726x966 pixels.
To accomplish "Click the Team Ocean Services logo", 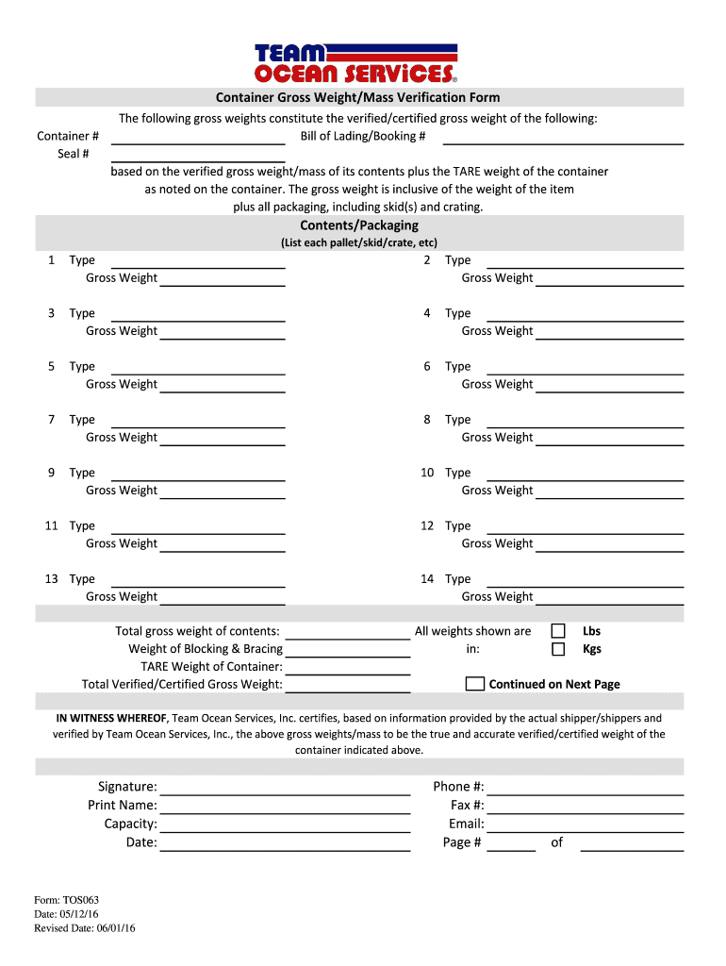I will coord(356,63).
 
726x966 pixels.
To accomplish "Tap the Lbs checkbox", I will coord(558,631).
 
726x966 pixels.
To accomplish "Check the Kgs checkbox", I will coord(558,649).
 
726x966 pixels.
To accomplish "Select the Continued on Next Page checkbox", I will coord(475,684).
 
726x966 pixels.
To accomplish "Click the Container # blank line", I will coord(198,137).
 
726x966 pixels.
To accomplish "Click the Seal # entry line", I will coord(198,155).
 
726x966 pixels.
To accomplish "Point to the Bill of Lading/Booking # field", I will coord(563,137).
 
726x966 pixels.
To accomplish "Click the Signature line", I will coord(285,788).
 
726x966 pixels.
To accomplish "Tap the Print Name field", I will coord(285,806).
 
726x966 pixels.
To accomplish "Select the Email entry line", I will coord(585,824).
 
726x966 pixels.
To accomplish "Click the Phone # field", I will coord(585,788).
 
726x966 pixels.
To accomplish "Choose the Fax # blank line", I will coord(585,806).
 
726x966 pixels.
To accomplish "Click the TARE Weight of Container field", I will coord(347,667).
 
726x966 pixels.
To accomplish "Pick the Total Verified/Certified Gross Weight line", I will coord(347,685).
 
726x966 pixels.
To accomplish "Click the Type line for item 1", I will coord(198,260).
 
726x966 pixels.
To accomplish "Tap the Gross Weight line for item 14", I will coord(609,597).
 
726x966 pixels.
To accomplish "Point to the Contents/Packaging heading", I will coord(359,225).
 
